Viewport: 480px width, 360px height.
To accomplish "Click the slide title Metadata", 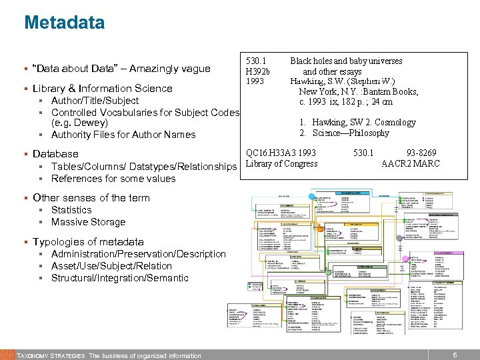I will [64, 23].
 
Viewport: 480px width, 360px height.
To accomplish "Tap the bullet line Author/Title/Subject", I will [95, 101].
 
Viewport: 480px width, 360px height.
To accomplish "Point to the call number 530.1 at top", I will [257, 61].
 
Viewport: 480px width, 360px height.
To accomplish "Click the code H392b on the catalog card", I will [258, 71].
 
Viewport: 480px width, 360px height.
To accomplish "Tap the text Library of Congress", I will [282, 163].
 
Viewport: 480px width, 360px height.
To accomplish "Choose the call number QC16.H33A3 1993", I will [281, 153].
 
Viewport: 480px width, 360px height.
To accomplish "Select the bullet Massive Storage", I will [88, 222].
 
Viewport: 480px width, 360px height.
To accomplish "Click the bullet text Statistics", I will [71, 210].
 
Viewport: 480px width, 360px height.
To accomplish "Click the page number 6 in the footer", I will [455, 355].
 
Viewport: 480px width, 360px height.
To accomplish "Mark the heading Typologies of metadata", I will [88, 242].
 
